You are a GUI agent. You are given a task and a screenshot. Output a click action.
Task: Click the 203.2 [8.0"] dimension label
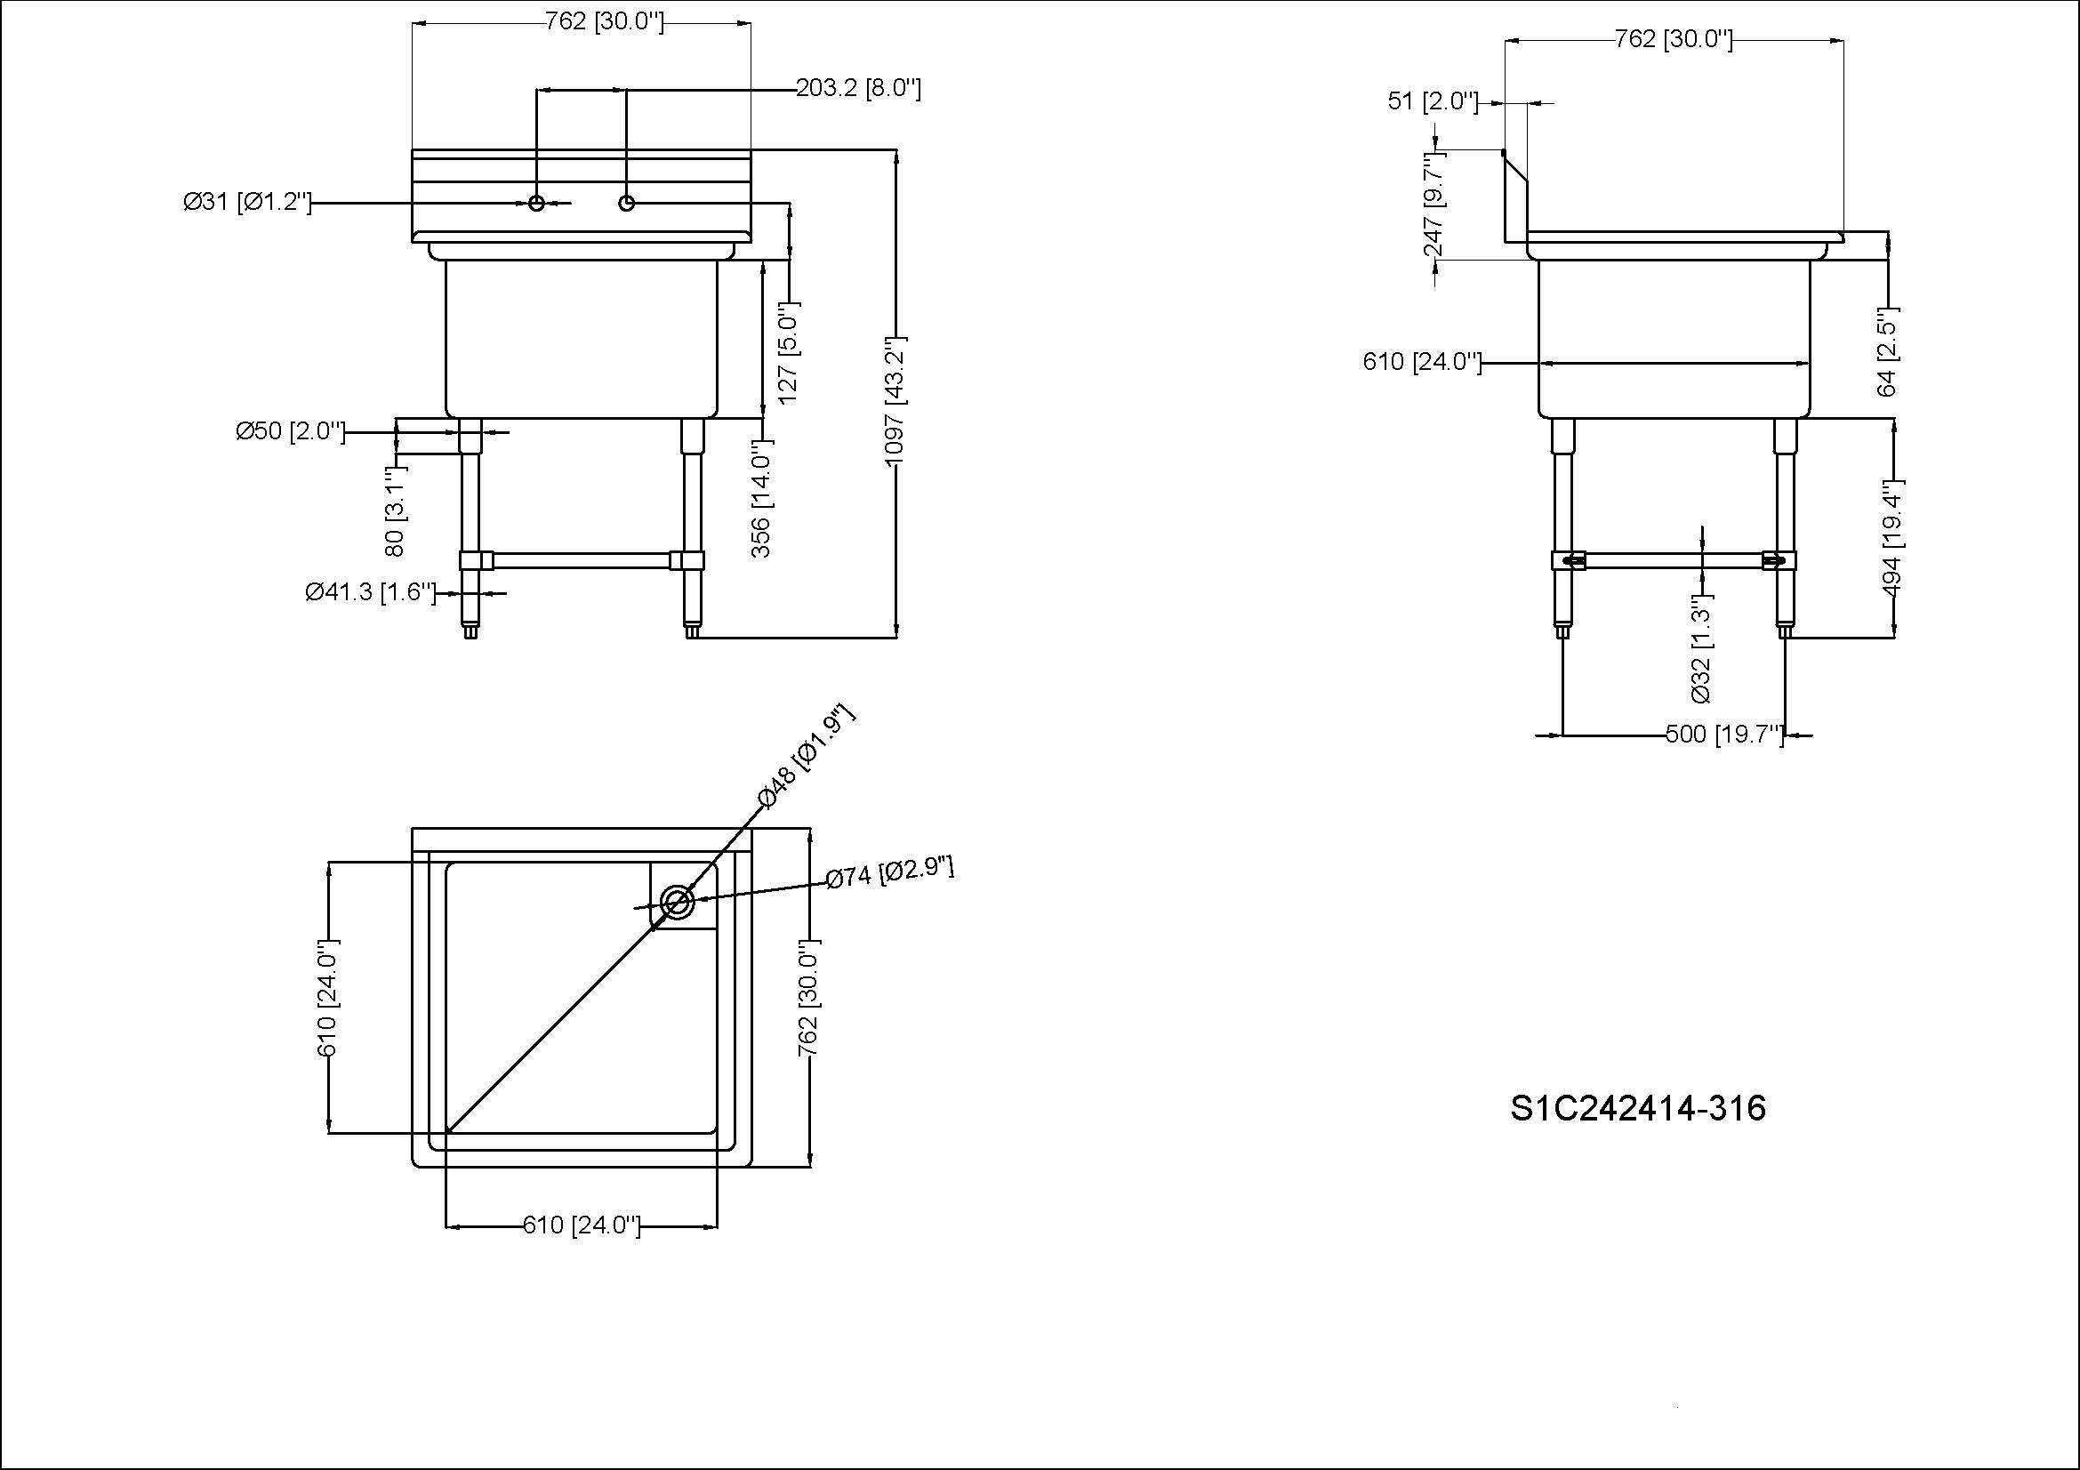858,89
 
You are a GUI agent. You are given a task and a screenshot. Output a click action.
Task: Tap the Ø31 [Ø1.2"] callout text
246,202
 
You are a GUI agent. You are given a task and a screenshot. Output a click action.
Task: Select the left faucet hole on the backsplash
536,203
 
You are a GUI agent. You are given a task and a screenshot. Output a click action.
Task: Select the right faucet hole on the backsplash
626,203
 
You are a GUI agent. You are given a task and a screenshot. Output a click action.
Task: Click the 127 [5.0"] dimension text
788,352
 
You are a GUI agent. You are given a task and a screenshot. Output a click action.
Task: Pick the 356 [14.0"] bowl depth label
761,498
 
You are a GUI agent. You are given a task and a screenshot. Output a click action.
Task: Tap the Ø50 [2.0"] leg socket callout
290,431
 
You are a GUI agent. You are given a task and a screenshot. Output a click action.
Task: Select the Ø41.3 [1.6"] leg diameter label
371,592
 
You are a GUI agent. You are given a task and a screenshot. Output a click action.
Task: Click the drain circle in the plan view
678,902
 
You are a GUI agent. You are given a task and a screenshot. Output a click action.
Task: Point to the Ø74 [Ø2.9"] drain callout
889,873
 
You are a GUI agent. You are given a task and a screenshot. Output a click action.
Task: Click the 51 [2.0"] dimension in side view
1433,101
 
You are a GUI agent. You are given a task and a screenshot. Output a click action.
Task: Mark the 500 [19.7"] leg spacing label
1724,735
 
